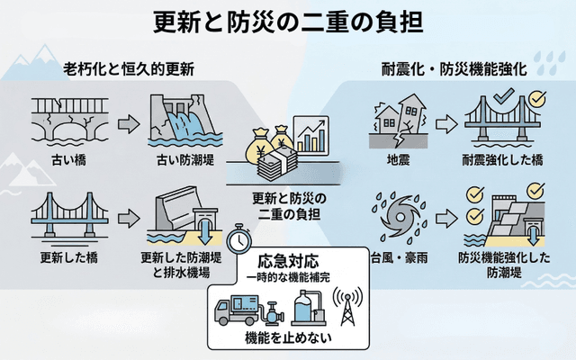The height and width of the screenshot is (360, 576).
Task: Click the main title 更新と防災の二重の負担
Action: [x=288, y=20]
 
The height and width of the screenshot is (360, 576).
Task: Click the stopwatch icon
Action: [x=238, y=238]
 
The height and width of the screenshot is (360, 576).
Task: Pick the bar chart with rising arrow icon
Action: [x=310, y=135]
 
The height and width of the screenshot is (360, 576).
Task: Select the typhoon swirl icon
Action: [x=397, y=218]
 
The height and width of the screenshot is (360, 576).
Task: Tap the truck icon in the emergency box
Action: [x=237, y=309]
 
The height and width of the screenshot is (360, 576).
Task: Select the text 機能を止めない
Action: [x=287, y=339]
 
